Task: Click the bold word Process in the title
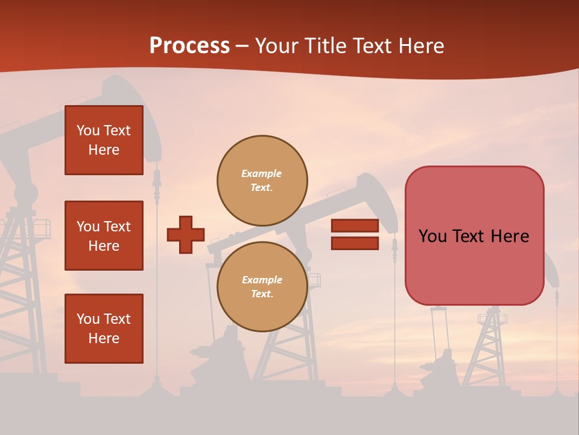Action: [189, 46]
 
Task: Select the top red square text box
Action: [104, 140]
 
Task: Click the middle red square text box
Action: [104, 236]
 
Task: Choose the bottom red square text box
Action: [104, 329]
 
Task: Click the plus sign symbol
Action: [186, 234]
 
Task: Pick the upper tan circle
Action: [262, 181]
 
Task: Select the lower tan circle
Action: [262, 287]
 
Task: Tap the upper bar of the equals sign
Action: [355, 226]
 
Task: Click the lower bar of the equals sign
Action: [355, 243]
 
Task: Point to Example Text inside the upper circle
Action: [262, 181]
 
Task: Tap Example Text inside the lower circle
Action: [262, 287]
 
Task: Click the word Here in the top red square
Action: [104, 150]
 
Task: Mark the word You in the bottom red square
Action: [88, 319]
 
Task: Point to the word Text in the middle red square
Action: [117, 227]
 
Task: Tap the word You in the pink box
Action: [432, 236]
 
